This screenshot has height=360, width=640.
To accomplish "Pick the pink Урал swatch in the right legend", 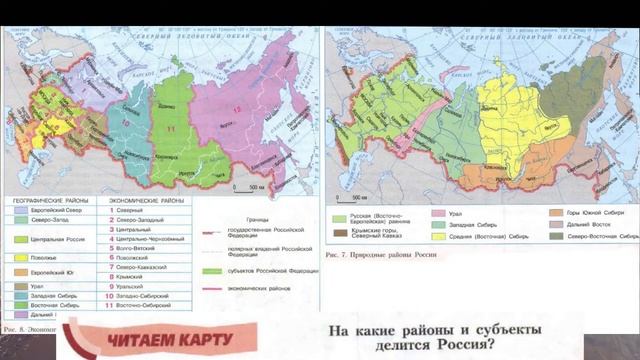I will coord(437,212).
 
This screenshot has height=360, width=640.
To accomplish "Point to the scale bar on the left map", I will coord(249,186).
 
